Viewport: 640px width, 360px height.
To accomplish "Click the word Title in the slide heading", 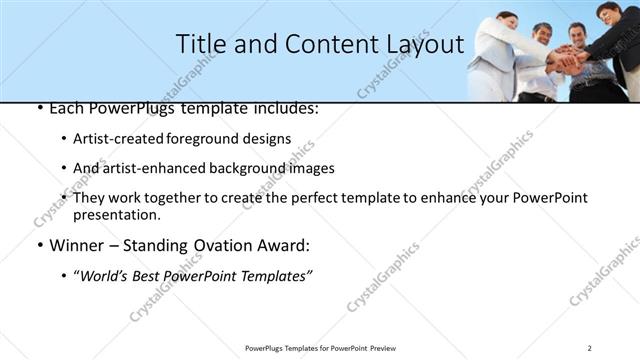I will [201, 44].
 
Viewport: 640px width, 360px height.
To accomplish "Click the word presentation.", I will [116, 215].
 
